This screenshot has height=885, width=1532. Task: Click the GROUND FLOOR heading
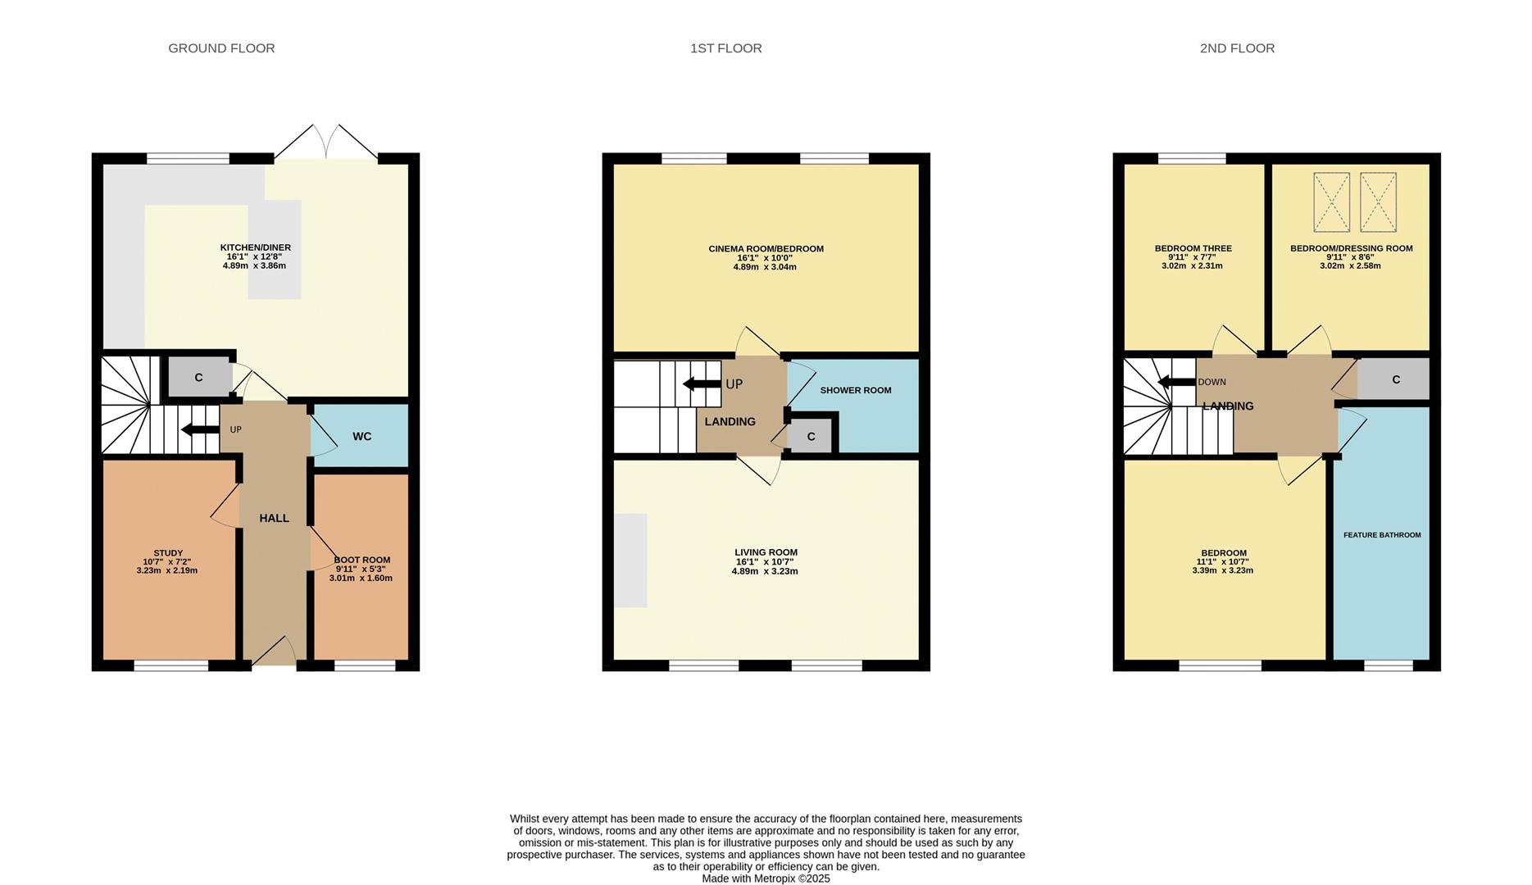(221, 48)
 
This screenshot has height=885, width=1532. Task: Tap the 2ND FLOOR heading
(1236, 48)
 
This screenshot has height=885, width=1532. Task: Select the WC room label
(361, 437)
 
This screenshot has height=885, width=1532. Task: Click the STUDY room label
(168, 553)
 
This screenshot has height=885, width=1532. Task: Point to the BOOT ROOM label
(361, 560)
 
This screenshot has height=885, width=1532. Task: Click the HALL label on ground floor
(274, 518)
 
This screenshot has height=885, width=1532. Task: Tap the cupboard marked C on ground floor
(198, 378)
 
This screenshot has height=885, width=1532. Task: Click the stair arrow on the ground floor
(199, 429)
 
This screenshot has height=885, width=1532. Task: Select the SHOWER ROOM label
(855, 390)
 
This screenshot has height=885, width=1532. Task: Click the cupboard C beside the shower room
(810, 437)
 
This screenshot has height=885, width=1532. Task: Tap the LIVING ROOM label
(766, 552)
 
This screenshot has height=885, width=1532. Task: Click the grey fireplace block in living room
(630, 560)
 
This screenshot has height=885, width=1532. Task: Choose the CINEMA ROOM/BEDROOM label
(766, 249)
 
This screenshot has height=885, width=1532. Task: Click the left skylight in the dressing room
(1331, 202)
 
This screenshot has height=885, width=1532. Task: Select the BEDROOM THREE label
(1193, 248)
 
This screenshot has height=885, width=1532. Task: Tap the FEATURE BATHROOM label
(1381, 535)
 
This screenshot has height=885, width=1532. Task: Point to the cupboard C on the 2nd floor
(1395, 379)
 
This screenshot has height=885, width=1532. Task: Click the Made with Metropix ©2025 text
(766, 878)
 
